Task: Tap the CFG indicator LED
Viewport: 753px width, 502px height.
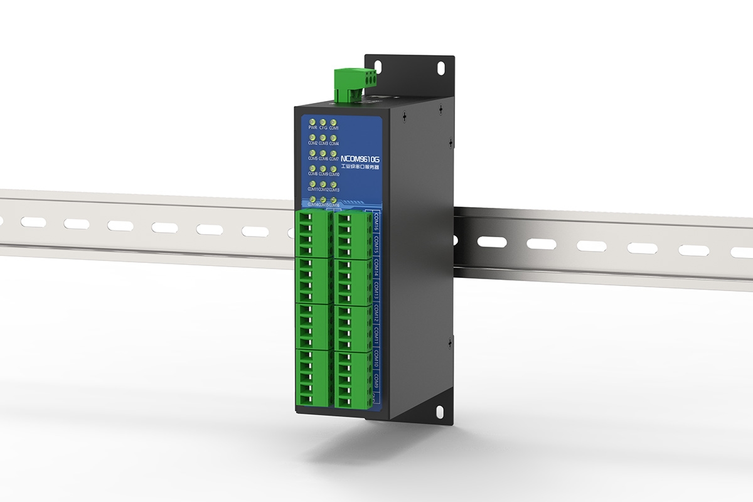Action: point(323,122)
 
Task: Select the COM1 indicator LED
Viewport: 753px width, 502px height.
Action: point(333,122)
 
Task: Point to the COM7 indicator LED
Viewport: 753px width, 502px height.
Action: point(333,152)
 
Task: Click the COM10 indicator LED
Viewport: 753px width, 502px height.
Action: point(333,168)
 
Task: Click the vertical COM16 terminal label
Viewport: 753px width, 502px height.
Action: point(375,222)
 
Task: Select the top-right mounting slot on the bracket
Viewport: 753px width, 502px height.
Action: point(439,65)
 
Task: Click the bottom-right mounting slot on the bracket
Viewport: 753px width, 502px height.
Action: point(439,411)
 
